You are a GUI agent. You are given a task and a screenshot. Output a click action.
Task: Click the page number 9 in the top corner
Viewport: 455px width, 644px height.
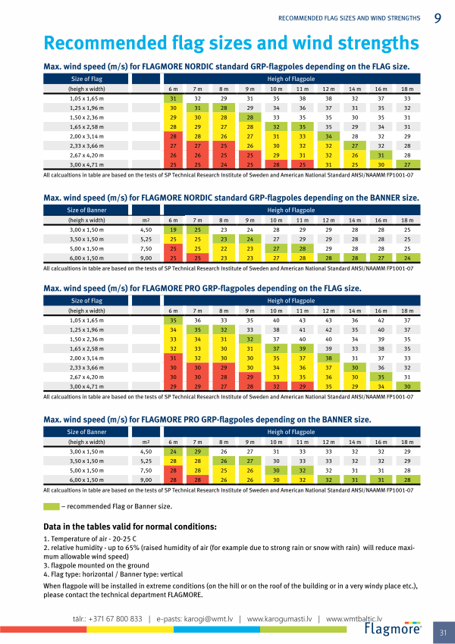coord(438,17)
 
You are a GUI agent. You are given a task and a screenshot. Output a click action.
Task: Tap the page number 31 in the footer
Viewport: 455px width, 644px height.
coord(442,632)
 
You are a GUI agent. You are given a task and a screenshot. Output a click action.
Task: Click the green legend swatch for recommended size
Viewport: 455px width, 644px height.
coord(51,505)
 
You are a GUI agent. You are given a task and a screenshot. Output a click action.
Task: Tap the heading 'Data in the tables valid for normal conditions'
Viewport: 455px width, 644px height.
coord(130,526)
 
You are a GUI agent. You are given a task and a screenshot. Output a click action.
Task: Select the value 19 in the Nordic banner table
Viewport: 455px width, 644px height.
coord(173,228)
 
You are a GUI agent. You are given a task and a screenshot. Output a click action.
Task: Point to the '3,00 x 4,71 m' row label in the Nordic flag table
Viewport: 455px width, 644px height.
coord(86,164)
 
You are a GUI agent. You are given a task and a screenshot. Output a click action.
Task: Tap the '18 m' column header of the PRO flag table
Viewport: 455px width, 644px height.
coord(407,311)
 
